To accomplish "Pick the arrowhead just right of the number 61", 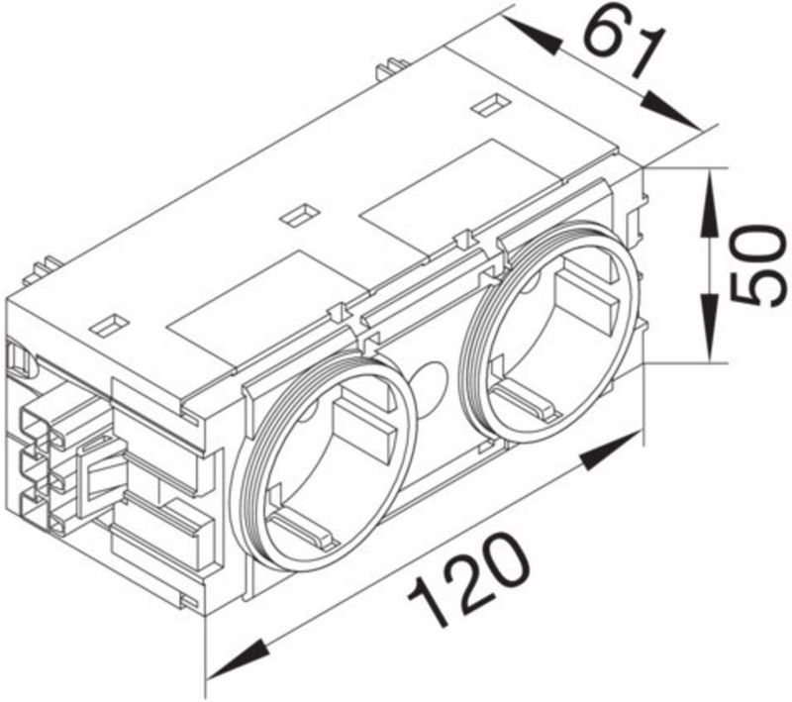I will pos(673,109).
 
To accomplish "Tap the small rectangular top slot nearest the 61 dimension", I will pos(485,104).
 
